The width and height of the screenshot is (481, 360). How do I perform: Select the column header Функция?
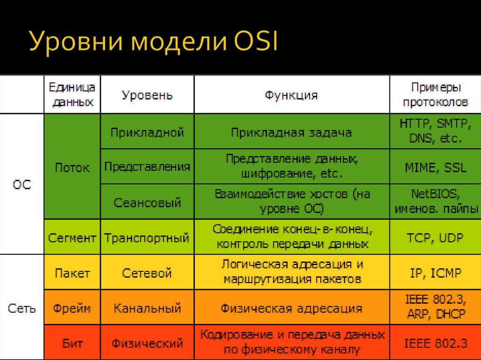coord(291,95)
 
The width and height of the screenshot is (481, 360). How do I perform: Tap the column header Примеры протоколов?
coord(435,95)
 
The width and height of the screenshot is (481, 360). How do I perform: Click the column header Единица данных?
coord(72,95)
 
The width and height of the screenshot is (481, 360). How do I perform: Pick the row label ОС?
coord(22,184)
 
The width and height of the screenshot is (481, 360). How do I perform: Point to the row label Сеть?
coord(22,308)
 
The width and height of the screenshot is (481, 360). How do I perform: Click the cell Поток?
coord(72,168)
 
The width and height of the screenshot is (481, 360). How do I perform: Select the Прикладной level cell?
coord(147,132)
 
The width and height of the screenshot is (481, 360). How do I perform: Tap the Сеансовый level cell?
coord(147,203)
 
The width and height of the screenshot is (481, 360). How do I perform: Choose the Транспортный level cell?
coord(147,238)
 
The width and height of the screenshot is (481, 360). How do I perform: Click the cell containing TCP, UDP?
coord(435,238)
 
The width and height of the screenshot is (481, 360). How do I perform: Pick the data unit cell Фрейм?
coord(72,308)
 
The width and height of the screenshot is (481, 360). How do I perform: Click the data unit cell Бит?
coord(72,344)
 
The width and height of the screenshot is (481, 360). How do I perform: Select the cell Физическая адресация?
coord(291,308)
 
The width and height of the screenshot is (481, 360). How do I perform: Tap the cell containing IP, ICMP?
coord(435,273)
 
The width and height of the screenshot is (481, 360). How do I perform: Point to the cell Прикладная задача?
coord(291,132)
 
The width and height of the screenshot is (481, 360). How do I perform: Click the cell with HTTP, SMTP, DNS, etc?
coord(435,131)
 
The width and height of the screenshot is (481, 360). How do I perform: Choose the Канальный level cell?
coord(147,308)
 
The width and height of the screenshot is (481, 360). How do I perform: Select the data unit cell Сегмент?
coord(72,238)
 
